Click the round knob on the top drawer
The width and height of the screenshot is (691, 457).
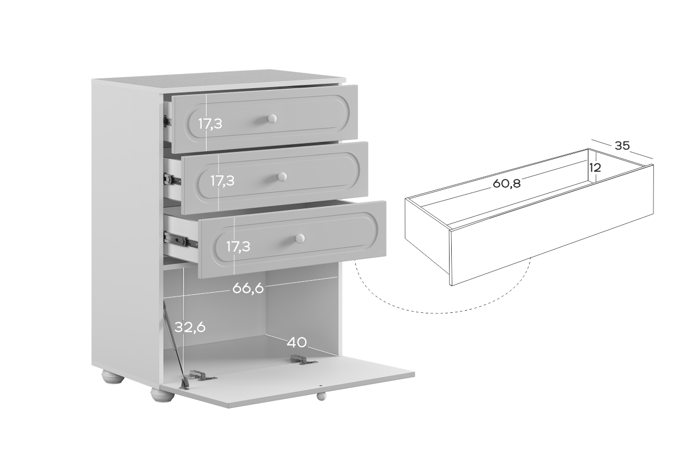272,119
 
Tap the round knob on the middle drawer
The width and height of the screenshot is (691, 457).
282,177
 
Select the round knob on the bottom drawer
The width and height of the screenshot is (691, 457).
300,238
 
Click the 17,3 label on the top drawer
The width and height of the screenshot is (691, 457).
210,124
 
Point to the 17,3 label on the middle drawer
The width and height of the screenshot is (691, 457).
222,181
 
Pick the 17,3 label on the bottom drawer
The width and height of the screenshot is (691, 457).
238,246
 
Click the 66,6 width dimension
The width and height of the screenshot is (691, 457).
248,288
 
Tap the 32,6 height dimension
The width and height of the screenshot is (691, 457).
190,327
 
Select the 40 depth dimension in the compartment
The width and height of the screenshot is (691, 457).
297,342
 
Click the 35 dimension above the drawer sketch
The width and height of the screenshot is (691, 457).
622,145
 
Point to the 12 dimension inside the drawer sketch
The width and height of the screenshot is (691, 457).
595,168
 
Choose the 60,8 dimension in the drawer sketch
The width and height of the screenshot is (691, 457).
506,183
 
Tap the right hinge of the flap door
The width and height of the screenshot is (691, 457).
303,360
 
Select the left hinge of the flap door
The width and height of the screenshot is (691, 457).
202,375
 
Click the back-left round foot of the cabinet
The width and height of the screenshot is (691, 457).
113,377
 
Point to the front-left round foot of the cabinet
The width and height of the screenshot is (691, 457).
162,395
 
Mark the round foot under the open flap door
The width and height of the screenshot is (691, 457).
321,396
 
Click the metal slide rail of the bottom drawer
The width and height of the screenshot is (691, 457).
180,240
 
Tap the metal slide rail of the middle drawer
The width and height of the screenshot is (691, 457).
172,178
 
